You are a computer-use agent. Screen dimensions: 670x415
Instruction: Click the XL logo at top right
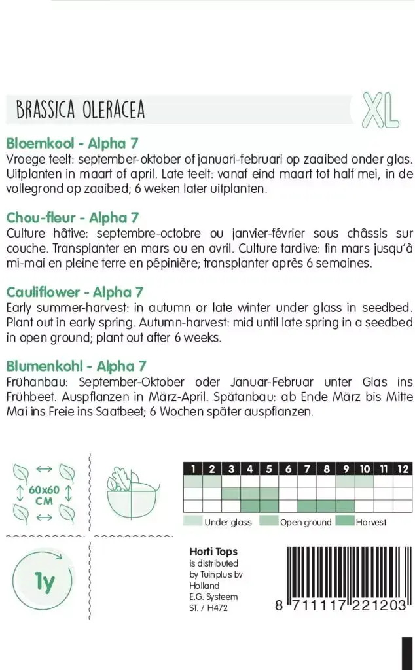(x=380, y=109)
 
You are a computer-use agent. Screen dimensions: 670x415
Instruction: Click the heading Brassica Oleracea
(x=81, y=110)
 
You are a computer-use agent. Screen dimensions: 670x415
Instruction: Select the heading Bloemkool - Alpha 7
(x=71, y=143)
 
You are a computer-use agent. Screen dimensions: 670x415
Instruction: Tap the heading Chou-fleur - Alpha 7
(x=72, y=217)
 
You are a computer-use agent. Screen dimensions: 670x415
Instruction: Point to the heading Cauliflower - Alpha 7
(x=74, y=292)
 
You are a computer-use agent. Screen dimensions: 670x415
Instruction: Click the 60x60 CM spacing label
(x=45, y=495)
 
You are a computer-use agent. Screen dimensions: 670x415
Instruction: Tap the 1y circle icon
(x=43, y=581)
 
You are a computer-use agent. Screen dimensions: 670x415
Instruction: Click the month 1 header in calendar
(x=192, y=468)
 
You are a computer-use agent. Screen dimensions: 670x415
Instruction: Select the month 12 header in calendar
(x=403, y=468)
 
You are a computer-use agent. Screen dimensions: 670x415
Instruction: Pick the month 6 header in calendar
(x=288, y=468)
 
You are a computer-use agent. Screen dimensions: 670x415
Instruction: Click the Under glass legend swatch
(x=192, y=521)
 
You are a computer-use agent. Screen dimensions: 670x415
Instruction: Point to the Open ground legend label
(x=305, y=522)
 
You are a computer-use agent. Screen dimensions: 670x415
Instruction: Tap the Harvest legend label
(x=371, y=522)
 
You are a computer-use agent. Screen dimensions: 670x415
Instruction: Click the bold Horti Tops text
(x=213, y=552)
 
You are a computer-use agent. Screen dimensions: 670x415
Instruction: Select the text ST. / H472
(x=208, y=608)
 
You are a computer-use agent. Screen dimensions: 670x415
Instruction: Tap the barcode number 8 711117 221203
(x=341, y=607)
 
